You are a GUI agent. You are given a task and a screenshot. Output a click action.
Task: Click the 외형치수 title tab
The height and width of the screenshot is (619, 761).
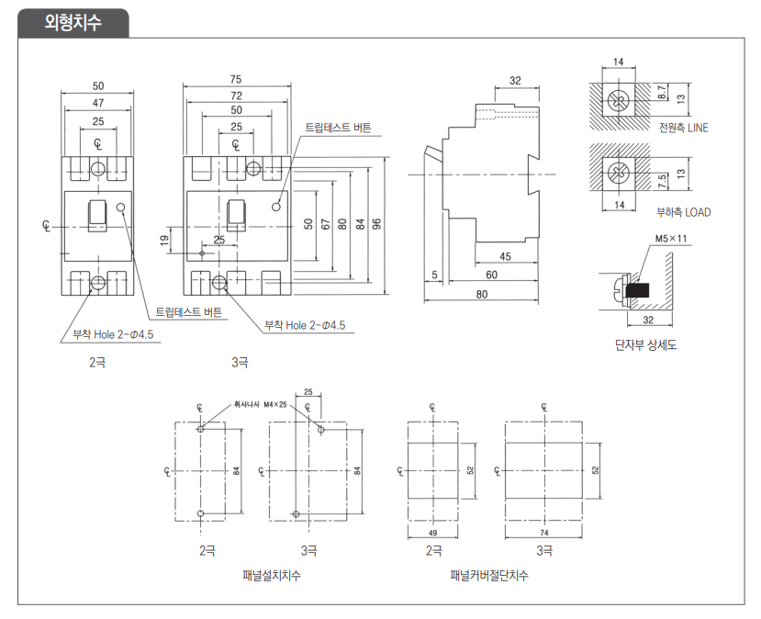pos(73,22)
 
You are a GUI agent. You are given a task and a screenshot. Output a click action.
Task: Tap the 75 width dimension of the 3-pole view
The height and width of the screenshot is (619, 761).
pos(235,79)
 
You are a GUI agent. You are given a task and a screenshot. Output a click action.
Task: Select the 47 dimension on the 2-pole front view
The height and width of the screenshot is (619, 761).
pos(98,103)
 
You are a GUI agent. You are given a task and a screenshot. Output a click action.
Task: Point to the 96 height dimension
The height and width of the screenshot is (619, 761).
pos(376,224)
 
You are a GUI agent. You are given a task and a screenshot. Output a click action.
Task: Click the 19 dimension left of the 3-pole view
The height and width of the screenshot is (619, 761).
pos(164,240)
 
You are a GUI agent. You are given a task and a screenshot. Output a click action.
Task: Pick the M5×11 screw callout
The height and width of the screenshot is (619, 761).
pos(671,239)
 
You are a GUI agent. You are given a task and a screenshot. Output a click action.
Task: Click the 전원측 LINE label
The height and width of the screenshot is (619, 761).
pos(683,128)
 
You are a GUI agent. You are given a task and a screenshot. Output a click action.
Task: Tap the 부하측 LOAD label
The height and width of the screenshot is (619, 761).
pos(683,212)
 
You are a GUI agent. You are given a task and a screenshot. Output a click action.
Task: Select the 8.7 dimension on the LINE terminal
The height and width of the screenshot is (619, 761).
pos(662,92)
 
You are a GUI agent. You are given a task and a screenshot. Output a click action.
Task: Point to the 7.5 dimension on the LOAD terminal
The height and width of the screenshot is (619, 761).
pos(662,182)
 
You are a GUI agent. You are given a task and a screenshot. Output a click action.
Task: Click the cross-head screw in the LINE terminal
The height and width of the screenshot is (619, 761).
pos(619,100)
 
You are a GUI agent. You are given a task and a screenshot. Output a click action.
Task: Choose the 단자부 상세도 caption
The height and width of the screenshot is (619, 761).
pos(645,345)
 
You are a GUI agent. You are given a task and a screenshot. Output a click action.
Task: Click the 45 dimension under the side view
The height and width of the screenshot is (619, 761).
pos(505,256)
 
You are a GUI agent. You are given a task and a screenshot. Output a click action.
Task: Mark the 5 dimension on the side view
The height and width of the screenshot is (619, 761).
pos(434,275)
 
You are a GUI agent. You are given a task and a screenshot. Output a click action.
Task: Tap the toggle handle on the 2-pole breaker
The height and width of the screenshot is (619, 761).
pos(97,216)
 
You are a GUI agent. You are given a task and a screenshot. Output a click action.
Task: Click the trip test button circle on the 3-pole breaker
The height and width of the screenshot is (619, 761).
pos(276,207)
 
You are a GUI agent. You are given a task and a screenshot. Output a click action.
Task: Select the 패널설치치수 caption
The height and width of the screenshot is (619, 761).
pos(272,576)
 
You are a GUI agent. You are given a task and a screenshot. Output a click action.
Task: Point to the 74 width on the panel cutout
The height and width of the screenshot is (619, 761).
pos(544,533)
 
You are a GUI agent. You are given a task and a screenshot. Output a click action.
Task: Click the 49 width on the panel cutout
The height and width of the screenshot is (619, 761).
pos(432,533)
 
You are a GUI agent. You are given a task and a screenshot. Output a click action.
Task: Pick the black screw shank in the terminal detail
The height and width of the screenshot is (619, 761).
pos(637,290)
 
